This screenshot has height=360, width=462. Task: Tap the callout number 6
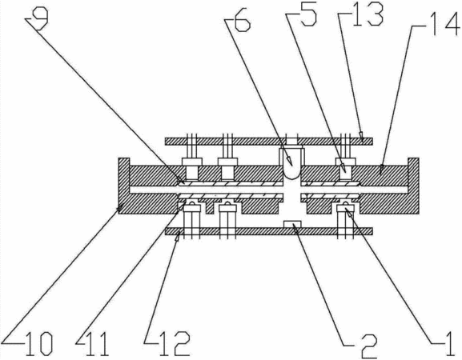click(x=242, y=23)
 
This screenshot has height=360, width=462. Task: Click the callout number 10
click(x=39, y=344)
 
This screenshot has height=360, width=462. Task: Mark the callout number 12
click(x=175, y=344)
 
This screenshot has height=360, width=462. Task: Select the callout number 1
click(x=450, y=344)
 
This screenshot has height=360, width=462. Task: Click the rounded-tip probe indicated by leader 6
click(x=291, y=163)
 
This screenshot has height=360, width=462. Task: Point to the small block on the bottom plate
click(x=292, y=224)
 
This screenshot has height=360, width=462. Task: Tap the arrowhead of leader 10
click(x=120, y=209)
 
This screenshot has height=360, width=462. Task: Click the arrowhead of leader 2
click(x=295, y=226)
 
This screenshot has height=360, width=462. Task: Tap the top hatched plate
click(x=269, y=142)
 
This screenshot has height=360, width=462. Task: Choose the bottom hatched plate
click(x=269, y=231)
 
